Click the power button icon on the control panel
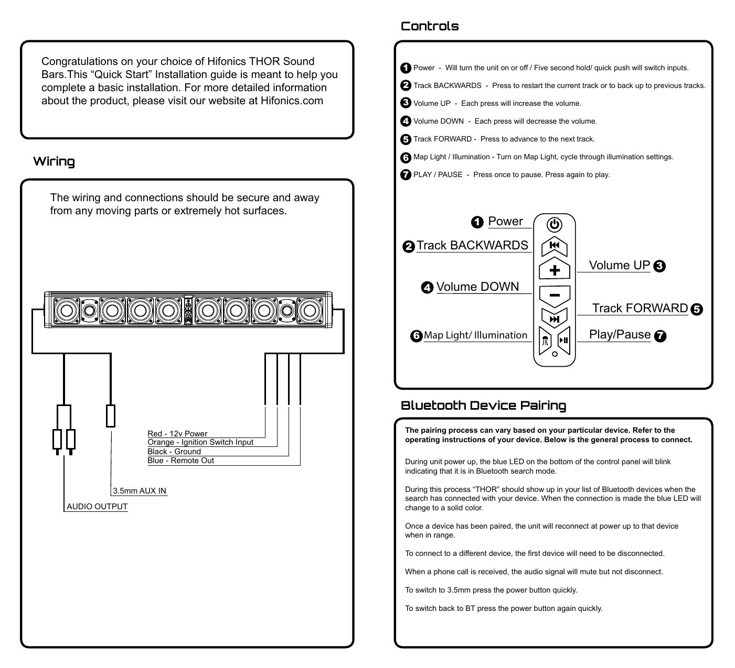click(555, 225)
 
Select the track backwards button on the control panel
click(555, 245)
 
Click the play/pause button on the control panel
click(564, 340)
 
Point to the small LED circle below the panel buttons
click(555, 354)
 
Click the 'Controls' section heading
click(430, 26)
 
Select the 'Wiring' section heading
click(54, 161)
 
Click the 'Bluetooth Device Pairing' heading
click(483, 406)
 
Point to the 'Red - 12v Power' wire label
click(177, 434)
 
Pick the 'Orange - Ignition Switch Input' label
click(200, 442)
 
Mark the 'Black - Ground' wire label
click(174, 452)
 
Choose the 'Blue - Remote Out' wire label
click(181, 461)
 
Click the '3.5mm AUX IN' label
click(140, 491)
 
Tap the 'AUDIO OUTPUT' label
click(97, 507)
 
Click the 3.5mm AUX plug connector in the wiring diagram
click(111, 416)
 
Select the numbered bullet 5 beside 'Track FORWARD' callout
click(697, 309)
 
